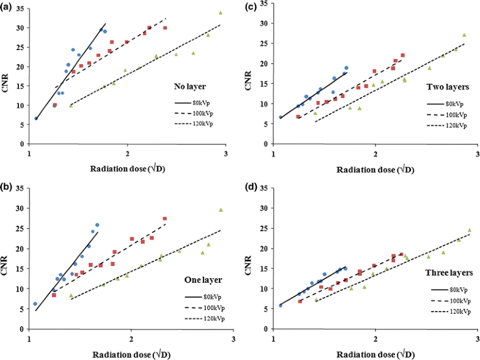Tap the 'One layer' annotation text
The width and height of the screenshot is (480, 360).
coord(191,279)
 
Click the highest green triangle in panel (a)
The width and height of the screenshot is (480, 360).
coord(220,13)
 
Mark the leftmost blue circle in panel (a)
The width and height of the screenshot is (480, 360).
coord(36,118)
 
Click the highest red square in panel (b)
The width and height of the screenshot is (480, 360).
coord(164,219)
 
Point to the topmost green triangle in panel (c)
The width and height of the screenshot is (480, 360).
coord(463,35)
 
